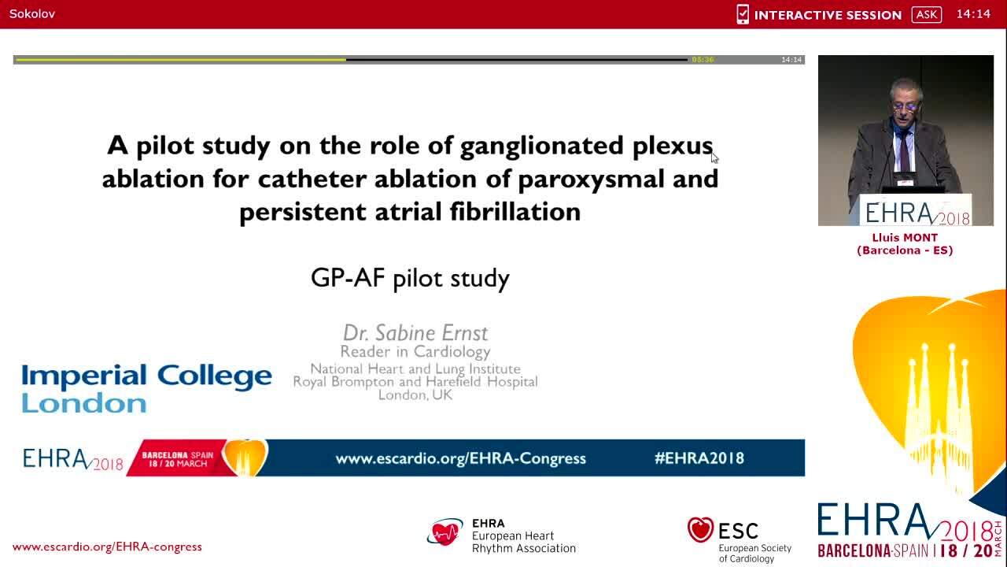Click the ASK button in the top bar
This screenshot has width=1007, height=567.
pyautogui.click(x=926, y=14)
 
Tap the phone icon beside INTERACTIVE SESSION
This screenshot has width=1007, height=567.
pyautogui.click(x=742, y=14)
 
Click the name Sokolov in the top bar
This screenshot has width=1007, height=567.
pyautogui.click(x=32, y=14)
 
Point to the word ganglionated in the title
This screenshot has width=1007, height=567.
pyautogui.click(x=543, y=146)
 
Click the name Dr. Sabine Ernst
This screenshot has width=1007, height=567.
pyautogui.click(x=415, y=332)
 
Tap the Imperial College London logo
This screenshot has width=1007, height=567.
pyautogui.click(x=146, y=388)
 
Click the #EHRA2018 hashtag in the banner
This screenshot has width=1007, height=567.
pyautogui.click(x=699, y=458)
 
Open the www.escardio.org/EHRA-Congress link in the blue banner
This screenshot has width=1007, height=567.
pyautogui.click(x=460, y=458)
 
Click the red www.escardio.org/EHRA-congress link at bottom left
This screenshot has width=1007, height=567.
pyautogui.click(x=107, y=547)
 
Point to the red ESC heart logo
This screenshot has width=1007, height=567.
pyautogui.click(x=700, y=530)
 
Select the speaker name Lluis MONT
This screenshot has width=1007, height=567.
pyautogui.click(x=905, y=237)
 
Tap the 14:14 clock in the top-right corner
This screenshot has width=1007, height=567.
pyautogui.click(x=973, y=14)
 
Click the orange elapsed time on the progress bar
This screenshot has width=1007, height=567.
pyautogui.click(x=703, y=60)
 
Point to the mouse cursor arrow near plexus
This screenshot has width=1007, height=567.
pyautogui.click(x=714, y=157)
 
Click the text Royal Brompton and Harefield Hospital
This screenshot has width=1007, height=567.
pyautogui.click(x=415, y=382)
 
